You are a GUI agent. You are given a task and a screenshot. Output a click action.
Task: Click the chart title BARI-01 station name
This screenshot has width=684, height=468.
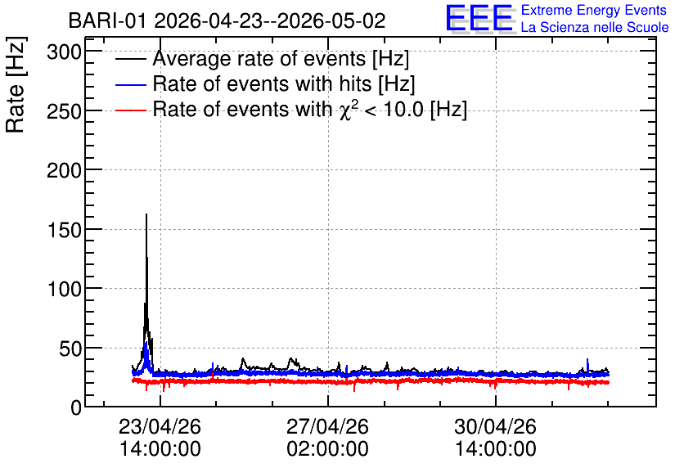pos(107,20)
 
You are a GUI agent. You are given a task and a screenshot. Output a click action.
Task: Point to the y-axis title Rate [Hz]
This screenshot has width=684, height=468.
pos(16,84)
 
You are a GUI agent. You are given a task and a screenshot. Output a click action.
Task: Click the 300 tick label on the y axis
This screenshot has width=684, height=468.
pos(64,53)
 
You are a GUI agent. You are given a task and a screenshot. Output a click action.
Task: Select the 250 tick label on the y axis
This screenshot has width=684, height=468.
pos(64,112)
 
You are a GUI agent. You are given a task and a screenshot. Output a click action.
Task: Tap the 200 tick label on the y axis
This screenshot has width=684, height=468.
pos(64,171)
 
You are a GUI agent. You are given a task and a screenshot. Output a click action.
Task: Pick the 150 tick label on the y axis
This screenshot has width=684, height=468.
pos(64,230)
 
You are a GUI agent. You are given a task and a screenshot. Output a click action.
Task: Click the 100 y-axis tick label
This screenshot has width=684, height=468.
pos(64,289)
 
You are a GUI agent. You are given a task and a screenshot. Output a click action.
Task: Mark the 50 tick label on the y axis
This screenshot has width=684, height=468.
pos(70,349)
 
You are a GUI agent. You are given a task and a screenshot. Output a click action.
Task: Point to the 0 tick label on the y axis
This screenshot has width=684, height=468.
pos(76,408)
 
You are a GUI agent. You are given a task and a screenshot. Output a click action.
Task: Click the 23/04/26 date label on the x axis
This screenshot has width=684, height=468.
pos(160,426)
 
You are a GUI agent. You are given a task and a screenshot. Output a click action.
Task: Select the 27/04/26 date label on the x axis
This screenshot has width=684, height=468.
pos(327,426)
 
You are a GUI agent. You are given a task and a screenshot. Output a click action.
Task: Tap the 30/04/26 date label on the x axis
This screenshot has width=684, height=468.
pos(496,426)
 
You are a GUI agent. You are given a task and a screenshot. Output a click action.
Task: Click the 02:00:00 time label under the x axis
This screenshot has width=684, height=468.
pos(327,449)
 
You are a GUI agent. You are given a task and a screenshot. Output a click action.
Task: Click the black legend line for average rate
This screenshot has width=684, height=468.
pos(130,59)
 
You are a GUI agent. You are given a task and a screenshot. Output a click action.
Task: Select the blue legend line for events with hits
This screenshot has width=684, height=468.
pos(130,84)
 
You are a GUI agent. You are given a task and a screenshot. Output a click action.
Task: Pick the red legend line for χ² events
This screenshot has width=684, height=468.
pos(130,110)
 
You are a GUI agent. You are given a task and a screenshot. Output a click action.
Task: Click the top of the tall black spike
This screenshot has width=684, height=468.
pos(146,214)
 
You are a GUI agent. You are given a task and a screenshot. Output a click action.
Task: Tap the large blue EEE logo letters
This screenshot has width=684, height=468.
pos(479,18)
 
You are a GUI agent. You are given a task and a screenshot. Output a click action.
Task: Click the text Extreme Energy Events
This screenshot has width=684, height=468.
pos(594,11)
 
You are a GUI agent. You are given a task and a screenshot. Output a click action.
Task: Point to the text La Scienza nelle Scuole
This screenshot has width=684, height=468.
pos(595,27)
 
